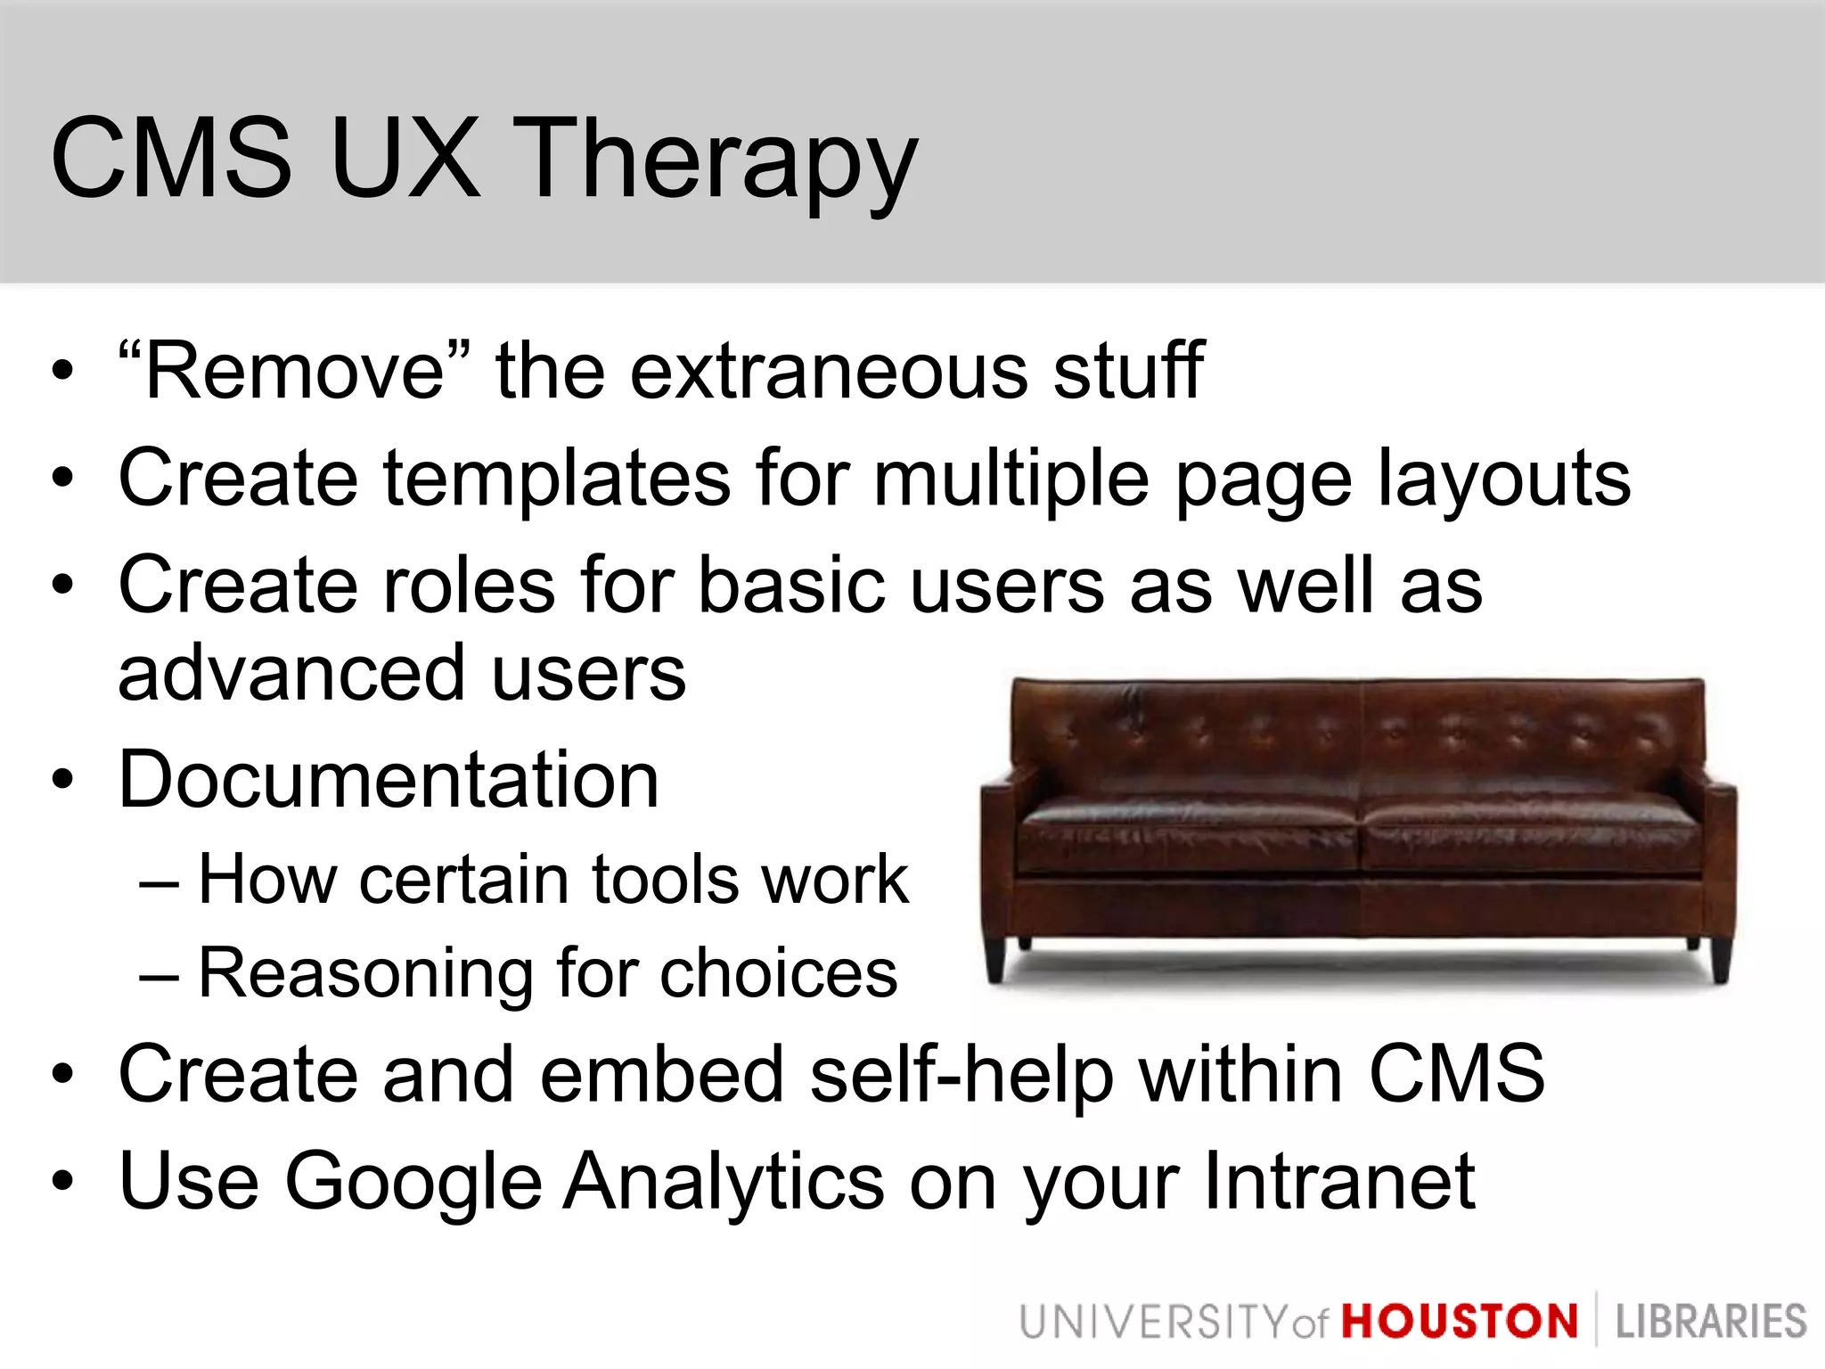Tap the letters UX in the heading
click(x=405, y=159)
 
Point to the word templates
click(x=558, y=479)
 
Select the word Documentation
click(x=389, y=780)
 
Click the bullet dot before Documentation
click(x=61, y=780)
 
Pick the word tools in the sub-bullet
click(x=665, y=880)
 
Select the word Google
click(x=413, y=1183)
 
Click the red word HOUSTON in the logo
click(x=1460, y=1321)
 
